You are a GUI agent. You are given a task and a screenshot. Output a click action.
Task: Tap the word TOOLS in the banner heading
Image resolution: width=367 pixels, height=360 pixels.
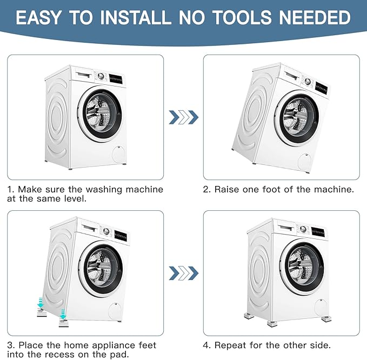[243, 17]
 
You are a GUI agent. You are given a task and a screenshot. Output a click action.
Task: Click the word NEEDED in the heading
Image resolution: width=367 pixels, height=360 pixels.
[315, 17]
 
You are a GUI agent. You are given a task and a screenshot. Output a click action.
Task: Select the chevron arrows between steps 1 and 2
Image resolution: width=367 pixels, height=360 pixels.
[184, 117]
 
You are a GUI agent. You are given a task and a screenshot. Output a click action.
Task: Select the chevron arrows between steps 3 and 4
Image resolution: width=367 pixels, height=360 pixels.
[184, 273]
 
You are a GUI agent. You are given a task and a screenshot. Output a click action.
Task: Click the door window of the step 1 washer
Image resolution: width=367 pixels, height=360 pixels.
[102, 114]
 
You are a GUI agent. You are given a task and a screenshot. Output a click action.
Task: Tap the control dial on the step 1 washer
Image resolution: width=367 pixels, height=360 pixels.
[101, 76]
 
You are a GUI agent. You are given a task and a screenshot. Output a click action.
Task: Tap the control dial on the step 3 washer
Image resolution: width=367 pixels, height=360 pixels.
[106, 231]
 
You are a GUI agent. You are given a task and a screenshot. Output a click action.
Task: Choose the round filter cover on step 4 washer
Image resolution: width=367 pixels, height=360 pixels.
[322, 308]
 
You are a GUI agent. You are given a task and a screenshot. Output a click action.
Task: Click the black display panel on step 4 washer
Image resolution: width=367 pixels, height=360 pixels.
[318, 232]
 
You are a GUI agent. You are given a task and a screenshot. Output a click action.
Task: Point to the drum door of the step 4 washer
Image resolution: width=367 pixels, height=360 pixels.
[302, 266]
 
